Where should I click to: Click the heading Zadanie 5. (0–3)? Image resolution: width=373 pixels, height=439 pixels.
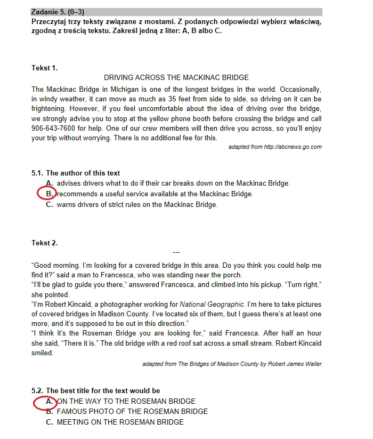[x=58, y=12]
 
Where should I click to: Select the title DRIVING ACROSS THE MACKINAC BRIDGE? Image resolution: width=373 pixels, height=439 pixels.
[x=176, y=78]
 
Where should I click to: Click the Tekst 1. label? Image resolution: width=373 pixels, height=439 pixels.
[x=44, y=68]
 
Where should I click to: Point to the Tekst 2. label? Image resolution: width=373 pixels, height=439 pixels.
[x=44, y=243]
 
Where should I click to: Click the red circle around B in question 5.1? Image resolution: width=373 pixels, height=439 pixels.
[x=47, y=194]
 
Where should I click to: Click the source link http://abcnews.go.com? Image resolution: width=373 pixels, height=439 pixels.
[x=293, y=147]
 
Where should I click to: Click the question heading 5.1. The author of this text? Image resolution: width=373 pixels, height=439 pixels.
[x=76, y=173]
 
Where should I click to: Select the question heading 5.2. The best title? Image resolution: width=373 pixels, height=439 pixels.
[x=95, y=391]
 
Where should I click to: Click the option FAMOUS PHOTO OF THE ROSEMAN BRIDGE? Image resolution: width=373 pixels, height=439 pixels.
[x=132, y=412]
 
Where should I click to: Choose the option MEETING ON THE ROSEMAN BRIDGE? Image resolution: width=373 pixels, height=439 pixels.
[x=120, y=422]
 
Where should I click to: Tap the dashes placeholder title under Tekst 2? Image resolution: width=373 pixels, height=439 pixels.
[x=177, y=252]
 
